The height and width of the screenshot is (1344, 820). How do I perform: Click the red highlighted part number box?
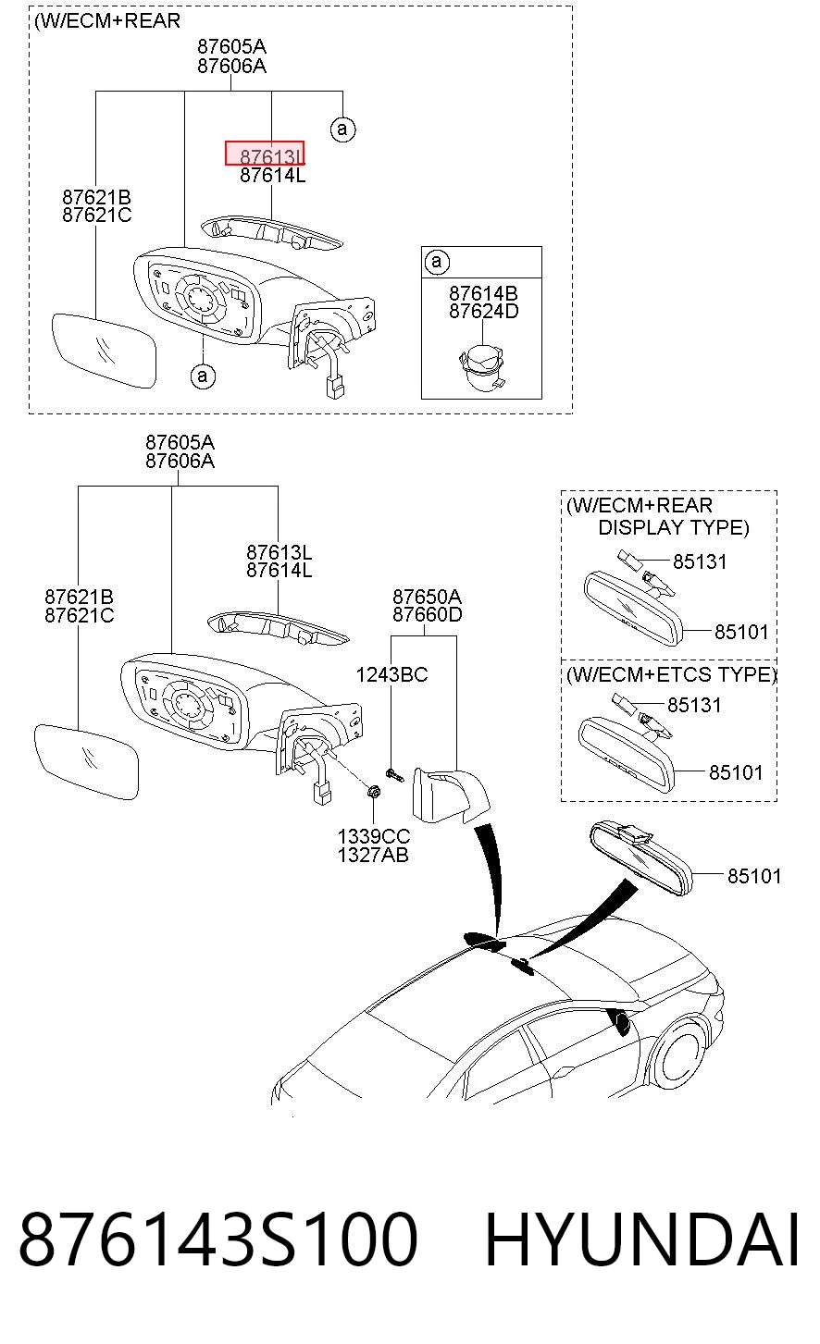coord(265,153)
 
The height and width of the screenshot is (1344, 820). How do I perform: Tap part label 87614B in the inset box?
coord(483,293)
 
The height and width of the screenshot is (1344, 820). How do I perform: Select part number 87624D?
coord(483,312)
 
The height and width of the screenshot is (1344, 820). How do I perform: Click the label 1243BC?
coord(392,675)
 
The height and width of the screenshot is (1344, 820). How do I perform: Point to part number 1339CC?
coord(373,836)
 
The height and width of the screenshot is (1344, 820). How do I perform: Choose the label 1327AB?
coord(373,855)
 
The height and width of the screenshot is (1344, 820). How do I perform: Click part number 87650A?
coord(427,597)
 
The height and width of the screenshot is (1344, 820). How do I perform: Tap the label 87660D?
coord(428,615)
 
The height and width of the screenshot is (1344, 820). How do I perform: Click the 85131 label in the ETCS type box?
coord(694,705)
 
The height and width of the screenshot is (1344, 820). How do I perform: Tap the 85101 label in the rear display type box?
coord(741,632)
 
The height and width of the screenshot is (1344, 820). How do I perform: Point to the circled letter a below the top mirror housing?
coord(203,376)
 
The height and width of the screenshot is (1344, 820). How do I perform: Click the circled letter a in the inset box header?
coord(437,262)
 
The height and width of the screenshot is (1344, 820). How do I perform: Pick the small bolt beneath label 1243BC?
coord(395,776)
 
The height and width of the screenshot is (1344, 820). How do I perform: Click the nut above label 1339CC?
coord(373,792)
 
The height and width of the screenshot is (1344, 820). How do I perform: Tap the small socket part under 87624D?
coord(482,366)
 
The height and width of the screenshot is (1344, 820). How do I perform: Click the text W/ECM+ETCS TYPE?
coord(672,675)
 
